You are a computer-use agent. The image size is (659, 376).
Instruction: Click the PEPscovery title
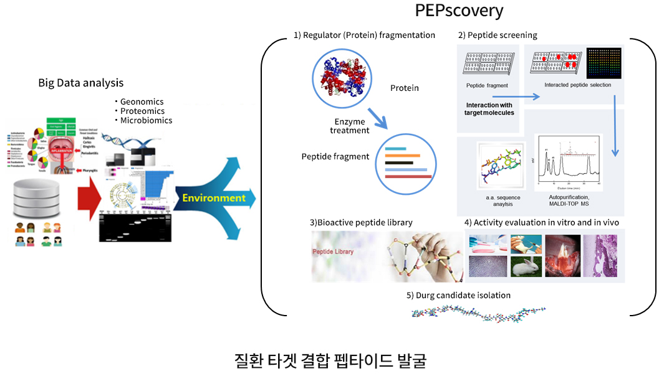tap(459, 11)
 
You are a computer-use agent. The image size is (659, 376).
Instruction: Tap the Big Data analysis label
tap(81, 83)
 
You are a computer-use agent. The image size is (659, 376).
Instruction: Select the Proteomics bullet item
tap(142, 111)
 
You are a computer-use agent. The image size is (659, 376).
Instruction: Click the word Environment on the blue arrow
tap(214, 199)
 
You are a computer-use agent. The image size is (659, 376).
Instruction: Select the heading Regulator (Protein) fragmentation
tap(365, 35)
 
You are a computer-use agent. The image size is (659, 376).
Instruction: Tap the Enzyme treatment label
tap(350, 126)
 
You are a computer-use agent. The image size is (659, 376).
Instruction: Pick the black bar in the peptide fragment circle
tap(400, 163)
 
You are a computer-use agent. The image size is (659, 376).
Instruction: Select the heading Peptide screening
tap(498, 35)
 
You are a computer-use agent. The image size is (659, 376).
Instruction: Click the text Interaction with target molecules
tap(489, 109)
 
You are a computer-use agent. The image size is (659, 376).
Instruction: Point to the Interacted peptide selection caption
tap(577, 85)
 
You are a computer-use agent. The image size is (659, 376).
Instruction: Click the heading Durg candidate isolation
tap(458, 295)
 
